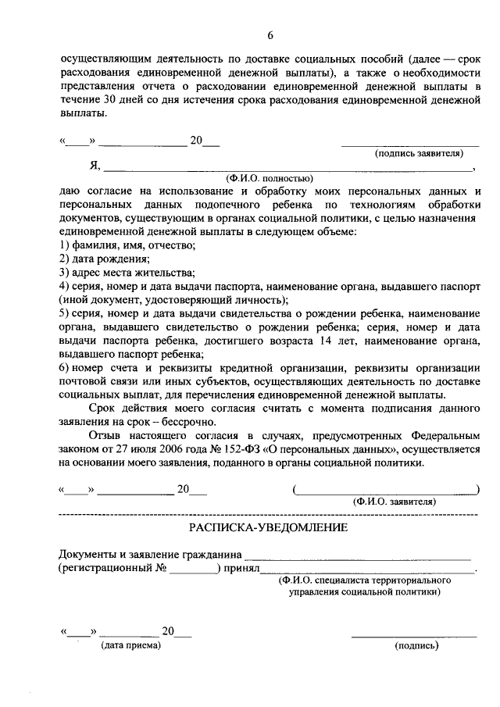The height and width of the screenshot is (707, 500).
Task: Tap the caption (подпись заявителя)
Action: pyautogui.click(x=415, y=154)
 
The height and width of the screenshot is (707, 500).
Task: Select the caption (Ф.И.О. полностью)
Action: pyautogui.click(x=270, y=179)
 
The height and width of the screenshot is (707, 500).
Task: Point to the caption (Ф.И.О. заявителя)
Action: pyautogui.click(x=395, y=501)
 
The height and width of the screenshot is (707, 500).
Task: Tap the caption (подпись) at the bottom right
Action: pyautogui.click(x=418, y=645)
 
